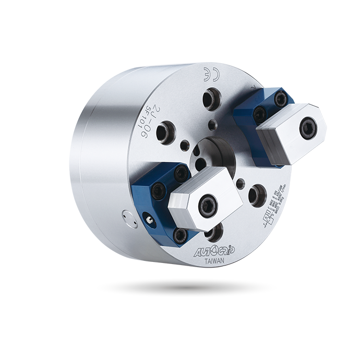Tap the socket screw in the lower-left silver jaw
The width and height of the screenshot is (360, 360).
(x=208, y=205)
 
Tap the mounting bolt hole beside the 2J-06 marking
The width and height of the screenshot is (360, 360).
(x=165, y=132)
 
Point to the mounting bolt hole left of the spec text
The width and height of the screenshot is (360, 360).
(x=257, y=195)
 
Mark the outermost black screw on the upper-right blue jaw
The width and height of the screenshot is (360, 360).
(x=281, y=99)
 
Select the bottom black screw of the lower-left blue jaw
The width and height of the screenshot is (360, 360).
(x=181, y=235)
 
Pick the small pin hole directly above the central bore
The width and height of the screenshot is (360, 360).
(x=211, y=125)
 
